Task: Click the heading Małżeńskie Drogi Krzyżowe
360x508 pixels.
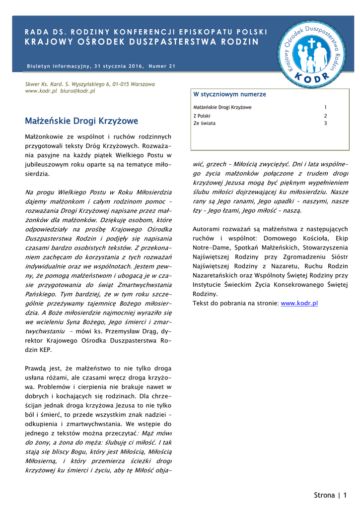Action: point(81,121)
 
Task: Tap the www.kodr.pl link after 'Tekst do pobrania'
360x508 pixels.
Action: point(299,303)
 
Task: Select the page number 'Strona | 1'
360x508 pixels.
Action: point(330,495)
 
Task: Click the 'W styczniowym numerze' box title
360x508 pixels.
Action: point(229,94)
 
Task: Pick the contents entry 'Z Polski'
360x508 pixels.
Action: point(202,115)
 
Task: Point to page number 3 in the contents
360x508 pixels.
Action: point(326,123)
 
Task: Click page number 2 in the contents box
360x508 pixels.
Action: point(326,115)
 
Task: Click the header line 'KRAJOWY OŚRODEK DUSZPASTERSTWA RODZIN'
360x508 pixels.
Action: point(142,42)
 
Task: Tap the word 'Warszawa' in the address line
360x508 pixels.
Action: point(142,84)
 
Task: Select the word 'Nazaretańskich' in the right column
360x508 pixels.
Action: point(216,275)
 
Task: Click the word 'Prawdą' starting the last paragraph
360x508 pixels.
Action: point(36,369)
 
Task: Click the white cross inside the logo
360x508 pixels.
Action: point(312,43)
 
